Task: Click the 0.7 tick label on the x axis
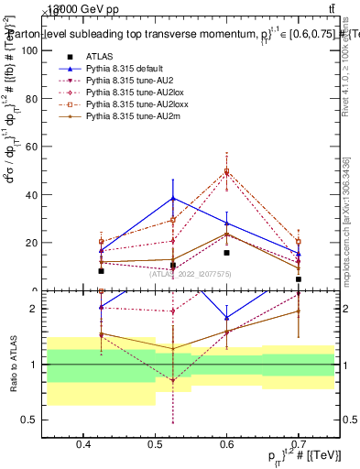coord(298,443)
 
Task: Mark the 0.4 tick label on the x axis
coord(83,443)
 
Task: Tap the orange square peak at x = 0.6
coord(227,171)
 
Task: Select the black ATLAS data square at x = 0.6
coord(227,252)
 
